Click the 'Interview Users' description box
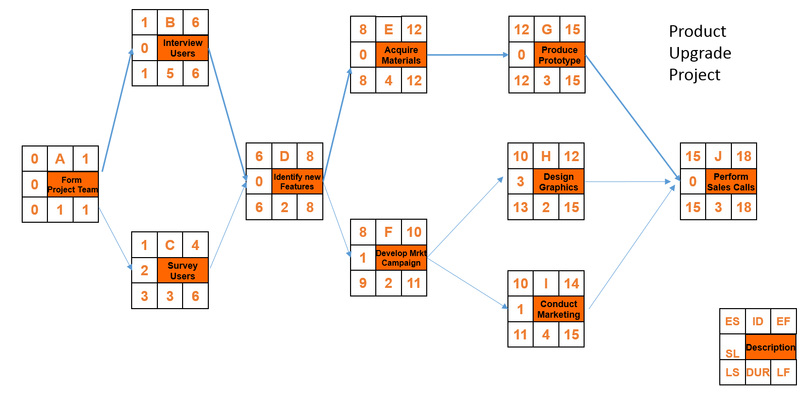point(183,48)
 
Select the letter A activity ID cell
point(60,159)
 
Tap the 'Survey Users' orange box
point(183,271)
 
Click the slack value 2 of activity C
point(144,271)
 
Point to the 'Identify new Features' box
point(297,181)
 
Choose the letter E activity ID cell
point(388,29)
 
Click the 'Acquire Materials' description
point(401,55)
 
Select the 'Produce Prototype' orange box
point(559,55)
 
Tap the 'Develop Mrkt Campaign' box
point(401,258)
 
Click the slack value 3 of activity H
point(521,182)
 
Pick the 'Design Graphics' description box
point(558,182)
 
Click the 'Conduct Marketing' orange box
point(558,309)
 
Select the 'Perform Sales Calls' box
point(731,182)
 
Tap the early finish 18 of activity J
point(743,157)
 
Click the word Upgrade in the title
point(700,53)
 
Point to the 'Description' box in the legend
point(770,348)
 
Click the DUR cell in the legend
point(758,373)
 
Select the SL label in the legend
point(732,353)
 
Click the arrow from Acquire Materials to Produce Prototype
point(467,55)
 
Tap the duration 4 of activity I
point(546,334)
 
